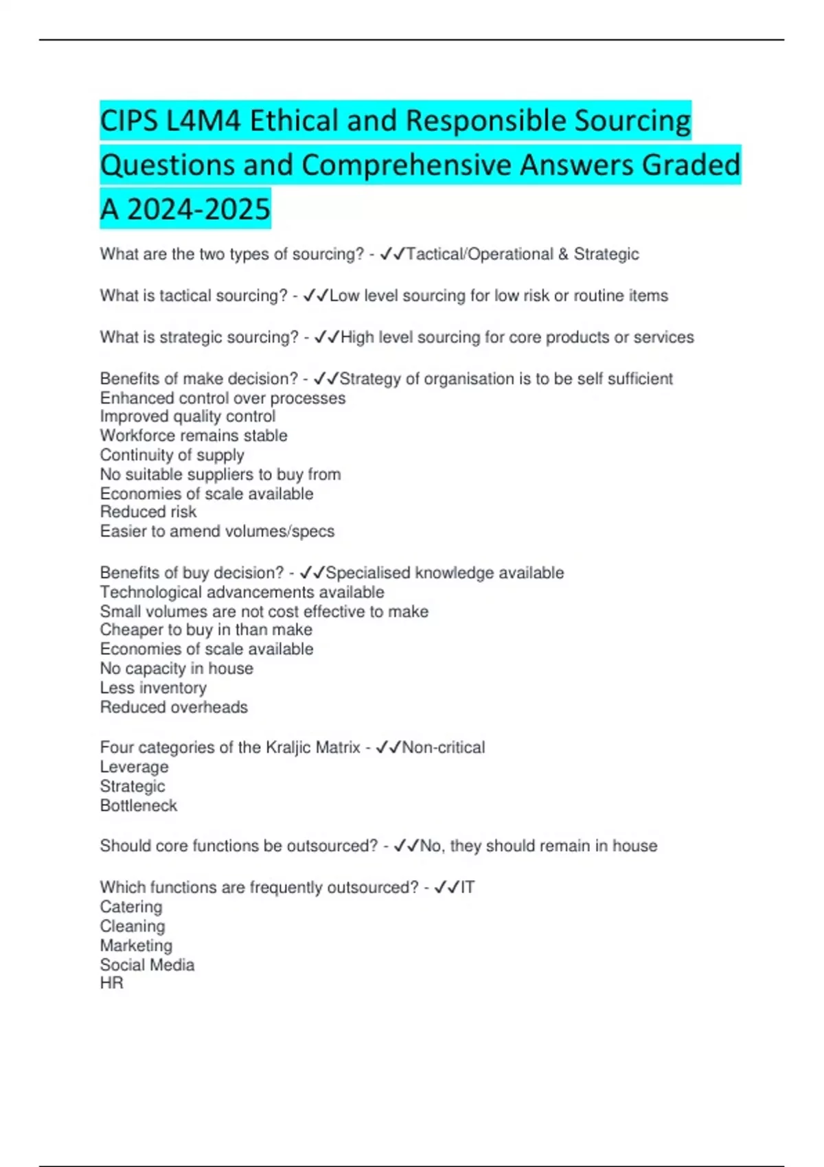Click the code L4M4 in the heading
203,121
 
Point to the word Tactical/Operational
479,254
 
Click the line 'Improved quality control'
187,417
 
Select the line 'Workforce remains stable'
194,436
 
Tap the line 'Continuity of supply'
172,455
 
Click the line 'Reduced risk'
148,512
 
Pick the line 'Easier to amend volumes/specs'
217,531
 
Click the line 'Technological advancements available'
242,592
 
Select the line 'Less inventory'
153,688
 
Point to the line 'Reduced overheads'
174,707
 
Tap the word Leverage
134,767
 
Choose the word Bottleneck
139,806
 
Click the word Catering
131,907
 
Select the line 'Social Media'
147,965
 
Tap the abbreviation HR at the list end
112,983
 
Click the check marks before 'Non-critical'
388,748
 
